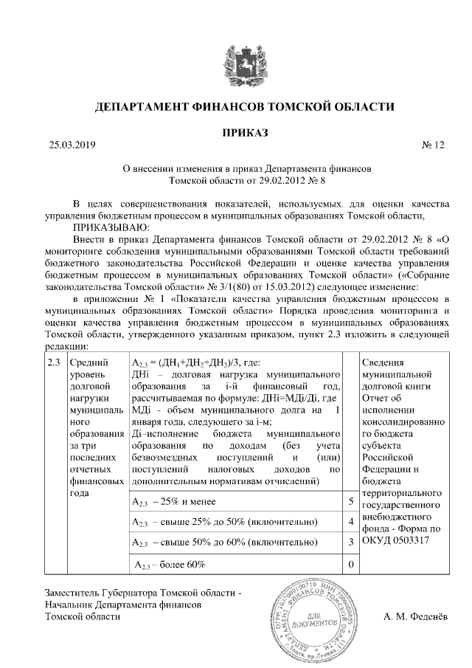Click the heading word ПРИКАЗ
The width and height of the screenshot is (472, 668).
235,132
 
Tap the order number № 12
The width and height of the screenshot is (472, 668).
434,145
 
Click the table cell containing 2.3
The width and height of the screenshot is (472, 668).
53,363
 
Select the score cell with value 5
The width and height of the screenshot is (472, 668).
350,502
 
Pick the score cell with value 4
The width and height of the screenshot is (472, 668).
350,523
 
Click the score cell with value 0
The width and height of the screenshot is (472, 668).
350,565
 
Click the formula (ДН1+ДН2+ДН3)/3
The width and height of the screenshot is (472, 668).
188,363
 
